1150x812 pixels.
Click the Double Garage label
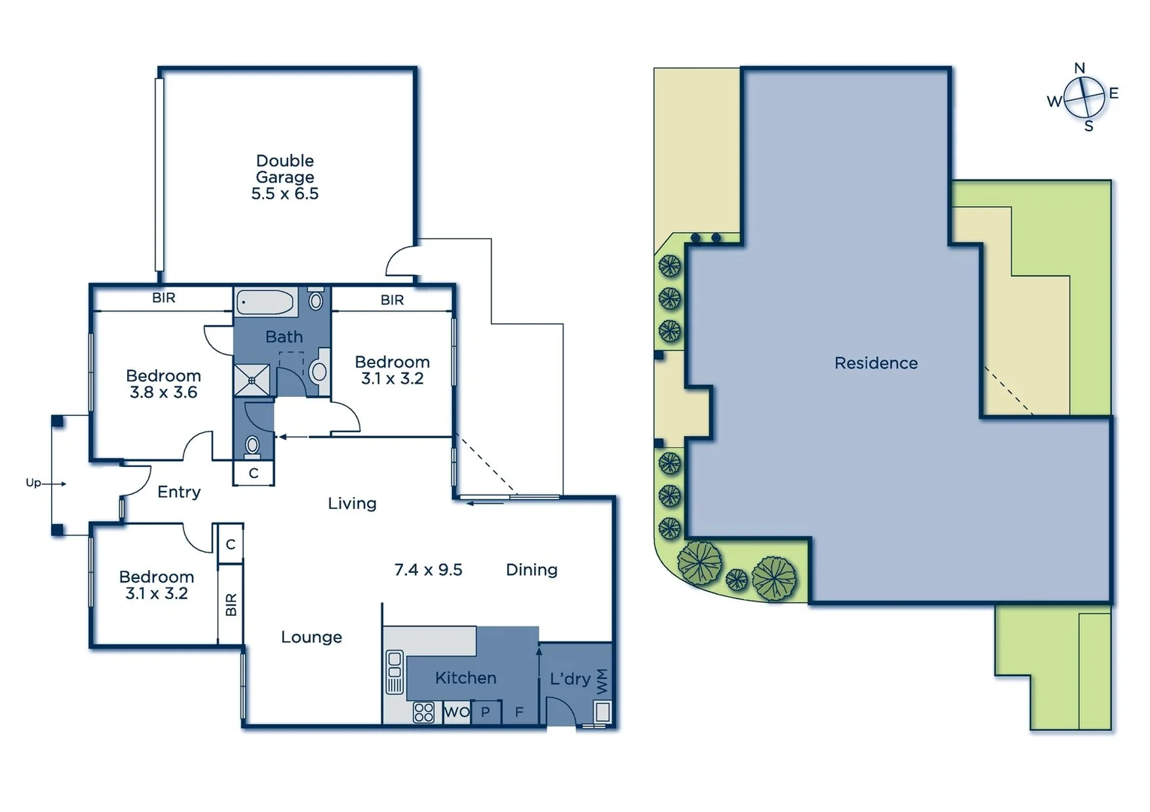coord(284,169)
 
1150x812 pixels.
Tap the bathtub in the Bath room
coord(265,303)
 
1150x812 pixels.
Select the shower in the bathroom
coord(251,380)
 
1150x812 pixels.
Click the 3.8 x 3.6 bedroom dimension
coord(163,392)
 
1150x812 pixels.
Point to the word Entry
coord(178,492)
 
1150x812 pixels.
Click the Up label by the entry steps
coord(33,483)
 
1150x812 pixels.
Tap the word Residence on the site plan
coord(875,363)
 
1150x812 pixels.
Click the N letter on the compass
coord(1079,68)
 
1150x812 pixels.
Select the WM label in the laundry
coord(602,681)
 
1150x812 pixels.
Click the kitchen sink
coord(394,672)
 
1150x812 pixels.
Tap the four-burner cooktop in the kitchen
coord(423,712)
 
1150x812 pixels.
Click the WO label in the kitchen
coord(457,712)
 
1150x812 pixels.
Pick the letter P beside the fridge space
coord(485,712)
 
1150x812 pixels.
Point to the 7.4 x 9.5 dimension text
coord(428,570)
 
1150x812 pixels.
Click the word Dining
coord(531,570)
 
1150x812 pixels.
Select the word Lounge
coord(311,638)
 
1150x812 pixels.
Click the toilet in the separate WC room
coord(253,446)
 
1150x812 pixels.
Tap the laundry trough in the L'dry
coord(602,710)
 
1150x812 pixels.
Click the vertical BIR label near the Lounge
coord(231,604)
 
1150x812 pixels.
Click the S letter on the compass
coord(1088,126)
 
